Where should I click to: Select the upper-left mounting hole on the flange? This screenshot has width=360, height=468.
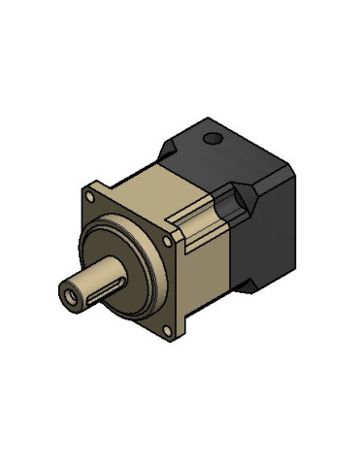coord(97,187)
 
